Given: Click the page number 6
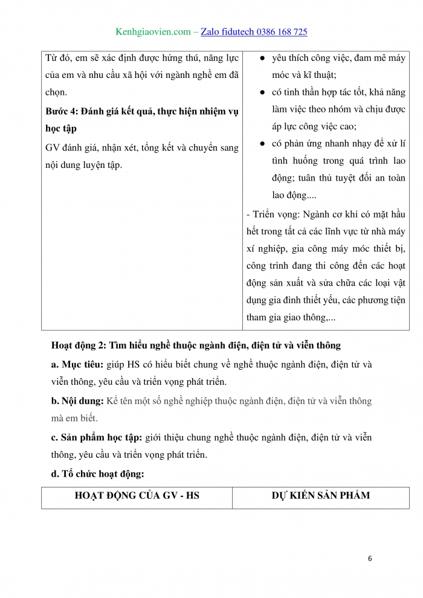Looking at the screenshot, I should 370,558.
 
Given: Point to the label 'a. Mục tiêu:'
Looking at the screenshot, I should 77,365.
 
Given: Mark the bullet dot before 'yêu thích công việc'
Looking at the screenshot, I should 262,58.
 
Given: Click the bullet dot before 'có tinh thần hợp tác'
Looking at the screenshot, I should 262,92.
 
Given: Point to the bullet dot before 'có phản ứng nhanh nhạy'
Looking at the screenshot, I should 262,144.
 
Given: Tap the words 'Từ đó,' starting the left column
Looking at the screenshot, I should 59,58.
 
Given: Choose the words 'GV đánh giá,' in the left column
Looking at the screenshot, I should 73,147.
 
